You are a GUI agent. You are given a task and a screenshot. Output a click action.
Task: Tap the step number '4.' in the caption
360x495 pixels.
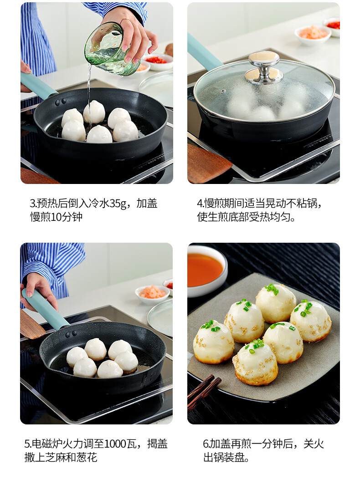tap(200, 204)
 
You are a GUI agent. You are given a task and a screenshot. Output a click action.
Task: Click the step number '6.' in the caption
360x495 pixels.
tap(206, 444)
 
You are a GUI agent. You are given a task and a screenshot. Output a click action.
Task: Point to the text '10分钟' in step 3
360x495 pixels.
tap(67, 217)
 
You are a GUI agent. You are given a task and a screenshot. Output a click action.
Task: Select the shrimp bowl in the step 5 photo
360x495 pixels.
tap(152, 294)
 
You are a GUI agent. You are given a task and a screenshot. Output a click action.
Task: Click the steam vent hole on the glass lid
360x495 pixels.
tap(224, 92)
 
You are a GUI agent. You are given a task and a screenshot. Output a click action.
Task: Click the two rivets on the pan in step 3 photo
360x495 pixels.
tap(60, 102)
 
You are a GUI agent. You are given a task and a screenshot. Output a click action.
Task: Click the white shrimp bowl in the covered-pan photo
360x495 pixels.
tap(313, 35)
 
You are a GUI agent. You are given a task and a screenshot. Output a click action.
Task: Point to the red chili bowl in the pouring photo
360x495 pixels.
tap(157, 61)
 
